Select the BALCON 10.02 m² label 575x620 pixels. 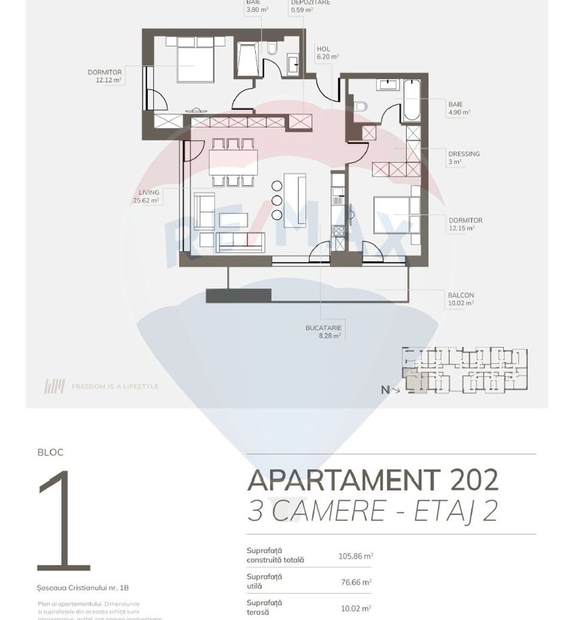click(x=461, y=299)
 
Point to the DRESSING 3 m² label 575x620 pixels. click(x=464, y=158)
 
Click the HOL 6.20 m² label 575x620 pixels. click(x=327, y=53)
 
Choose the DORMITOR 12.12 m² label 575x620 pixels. click(x=105, y=76)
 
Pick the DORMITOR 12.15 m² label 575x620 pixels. click(x=465, y=224)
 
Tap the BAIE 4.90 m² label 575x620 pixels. click(x=459, y=108)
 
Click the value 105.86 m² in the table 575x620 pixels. click(x=355, y=556)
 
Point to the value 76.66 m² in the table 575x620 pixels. click(x=356, y=582)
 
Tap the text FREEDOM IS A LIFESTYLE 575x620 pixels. click(x=115, y=387)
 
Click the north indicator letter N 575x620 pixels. click(x=385, y=390)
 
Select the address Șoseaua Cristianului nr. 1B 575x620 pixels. click(x=83, y=588)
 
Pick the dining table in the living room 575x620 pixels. click(x=233, y=161)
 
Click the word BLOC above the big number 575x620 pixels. click(x=50, y=452)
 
